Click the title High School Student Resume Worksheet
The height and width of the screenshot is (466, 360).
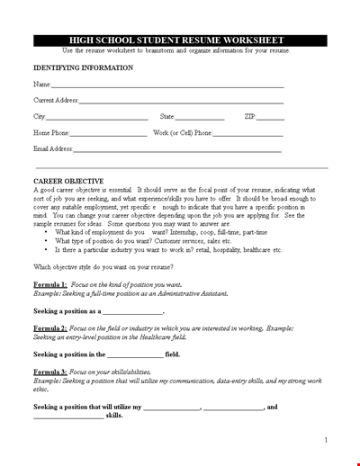click(179, 40)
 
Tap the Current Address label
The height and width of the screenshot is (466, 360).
click(56, 100)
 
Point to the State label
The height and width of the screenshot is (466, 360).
click(167, 117)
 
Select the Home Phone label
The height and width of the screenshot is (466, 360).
click(54, 133)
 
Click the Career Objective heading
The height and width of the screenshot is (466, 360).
click(68, 181)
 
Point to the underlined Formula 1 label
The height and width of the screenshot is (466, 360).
click(51, 284)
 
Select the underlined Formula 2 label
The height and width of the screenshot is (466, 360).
click(51, 329)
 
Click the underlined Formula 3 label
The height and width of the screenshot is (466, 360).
click(51, 372)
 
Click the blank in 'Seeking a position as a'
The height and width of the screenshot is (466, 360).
click(133, 312)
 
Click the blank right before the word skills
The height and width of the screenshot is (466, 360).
click(68, 417)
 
